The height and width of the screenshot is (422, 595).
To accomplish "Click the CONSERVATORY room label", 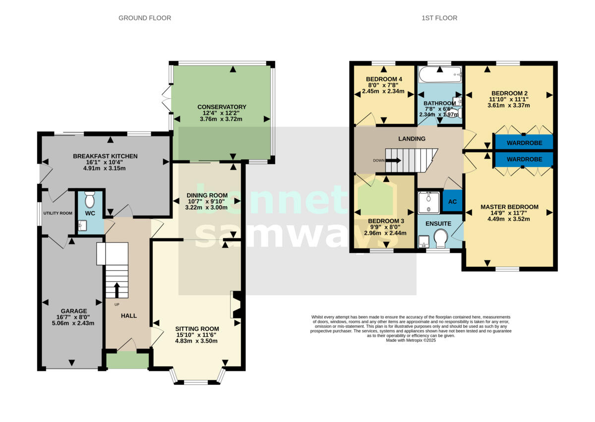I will [x=222, y=107].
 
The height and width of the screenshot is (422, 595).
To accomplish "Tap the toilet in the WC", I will [x=90, y=200].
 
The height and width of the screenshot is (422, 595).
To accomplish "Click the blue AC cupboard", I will [x=452, y=202].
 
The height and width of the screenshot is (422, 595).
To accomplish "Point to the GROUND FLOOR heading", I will [x=145, y=18].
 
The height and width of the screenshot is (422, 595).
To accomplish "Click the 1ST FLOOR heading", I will [x=439, y=18].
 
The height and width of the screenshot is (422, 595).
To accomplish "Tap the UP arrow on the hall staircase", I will [x=117, y=289].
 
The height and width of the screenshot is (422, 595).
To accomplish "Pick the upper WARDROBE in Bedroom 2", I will [x=524, y=143].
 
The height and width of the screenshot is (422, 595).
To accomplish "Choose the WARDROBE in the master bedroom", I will [x=524, y=160].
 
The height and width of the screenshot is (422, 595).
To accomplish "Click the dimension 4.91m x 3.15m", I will [x=105, y=168].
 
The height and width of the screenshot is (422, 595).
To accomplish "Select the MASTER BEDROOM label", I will [x=509, y=207].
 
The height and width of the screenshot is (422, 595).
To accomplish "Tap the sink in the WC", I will [x=82, y=226].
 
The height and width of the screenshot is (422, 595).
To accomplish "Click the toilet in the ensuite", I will [x=441, y=241].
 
